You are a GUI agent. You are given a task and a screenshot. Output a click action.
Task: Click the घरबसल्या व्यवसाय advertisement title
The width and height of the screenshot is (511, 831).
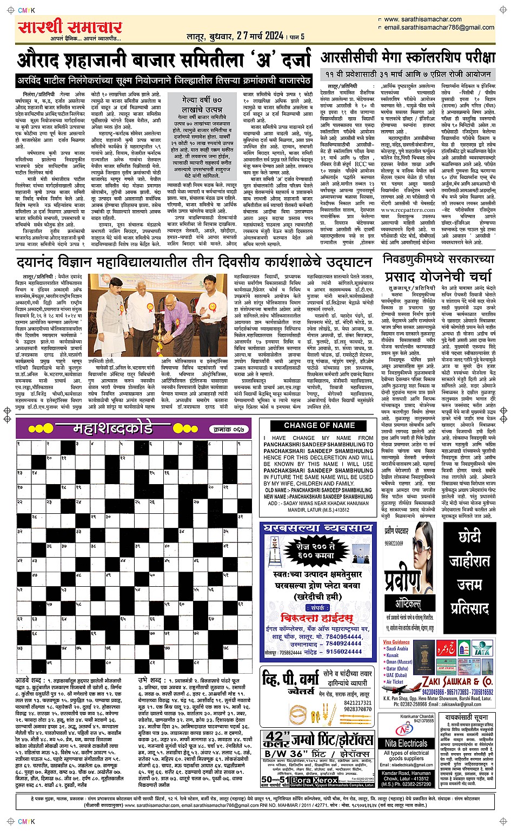pyautogui.click(x=318, y=527)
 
